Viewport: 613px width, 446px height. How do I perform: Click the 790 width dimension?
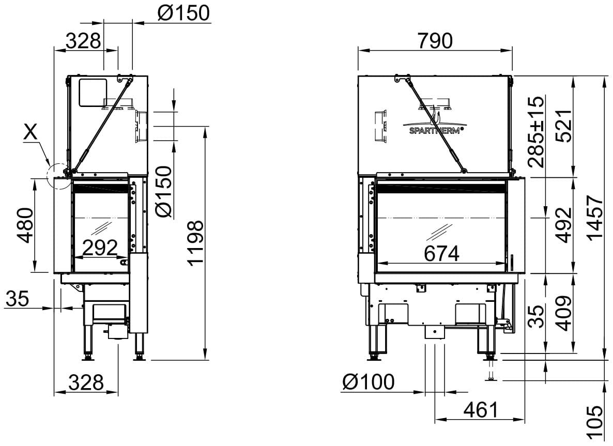tap(435, 41)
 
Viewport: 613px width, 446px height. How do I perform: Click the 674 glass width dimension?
tap(441, 254)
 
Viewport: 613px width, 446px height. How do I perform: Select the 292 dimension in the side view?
tap(100, 248)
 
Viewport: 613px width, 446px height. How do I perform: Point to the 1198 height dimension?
tap(195, 243)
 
